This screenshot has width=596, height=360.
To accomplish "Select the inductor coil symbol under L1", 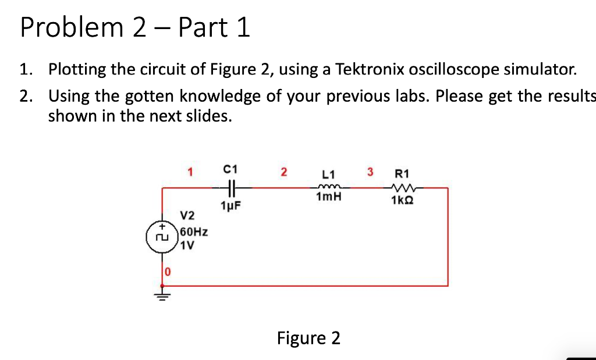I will [x=328, y=187].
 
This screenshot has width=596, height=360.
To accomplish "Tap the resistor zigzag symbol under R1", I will [x=402, y=187].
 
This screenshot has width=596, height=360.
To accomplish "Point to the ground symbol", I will [x=162, y=295].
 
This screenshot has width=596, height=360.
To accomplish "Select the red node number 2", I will [x=283, y=172].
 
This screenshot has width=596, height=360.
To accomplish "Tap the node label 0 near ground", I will [x=167, y=271].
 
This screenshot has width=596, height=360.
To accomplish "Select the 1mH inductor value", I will [x=328, y=198].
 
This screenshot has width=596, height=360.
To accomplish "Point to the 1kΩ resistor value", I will [x=402, y=201].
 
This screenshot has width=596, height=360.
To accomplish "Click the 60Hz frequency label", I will [x=194, y=233].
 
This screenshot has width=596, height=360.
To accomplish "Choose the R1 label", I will [x=402, y=173].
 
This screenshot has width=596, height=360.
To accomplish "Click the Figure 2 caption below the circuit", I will [x=308, y=338].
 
